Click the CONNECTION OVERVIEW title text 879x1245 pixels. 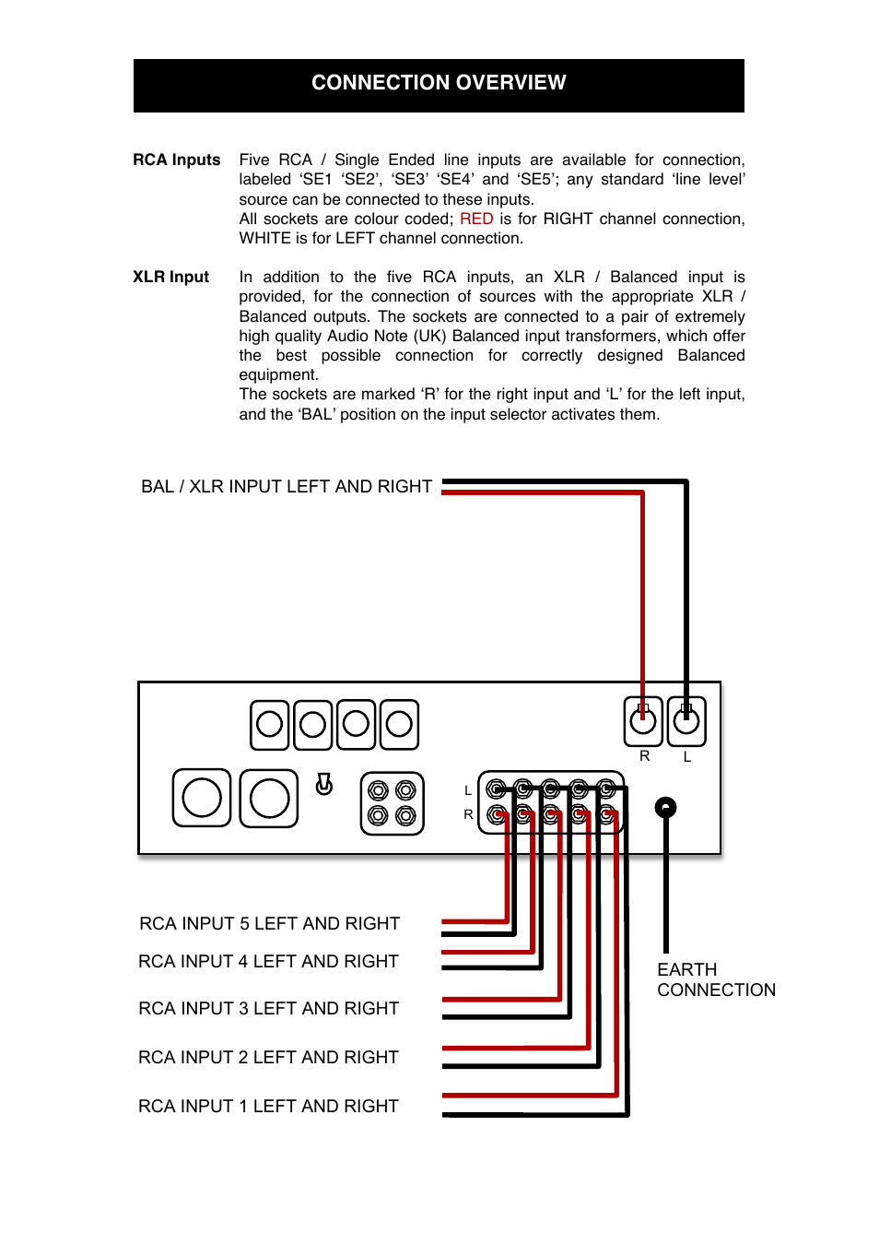pyautogui.click(x=439, y=83)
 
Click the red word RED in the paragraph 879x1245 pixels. pyautogui.click(x=476, y=219)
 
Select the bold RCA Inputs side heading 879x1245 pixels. pyautogui.click(x=177, y=160)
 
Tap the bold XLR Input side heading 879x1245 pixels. pyautogui.click(x=170, y=277)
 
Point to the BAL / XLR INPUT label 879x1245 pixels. pyautogui.click(x=286, y=486)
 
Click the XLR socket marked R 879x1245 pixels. pyautogui.click(x=643, y=721)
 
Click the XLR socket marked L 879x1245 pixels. pyautogui.click(x=686, y=721)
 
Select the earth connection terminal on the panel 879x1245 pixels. pyautogui.click(x=665, y=808)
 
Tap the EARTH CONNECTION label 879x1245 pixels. pyautogui.click(x=716, y=979)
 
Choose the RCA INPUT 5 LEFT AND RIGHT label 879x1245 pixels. pyautogui.click(x=269, y=923)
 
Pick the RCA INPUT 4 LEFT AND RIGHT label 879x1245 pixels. pyautogui.click(x=268, y=961)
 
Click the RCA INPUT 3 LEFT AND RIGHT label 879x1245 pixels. pyautogui.click(x=268, y=1008)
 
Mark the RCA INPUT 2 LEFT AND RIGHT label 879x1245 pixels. pyautogui.click(x=268, y=1057)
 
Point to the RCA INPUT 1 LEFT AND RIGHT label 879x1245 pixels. pyautogui.click(x=268, y=1106)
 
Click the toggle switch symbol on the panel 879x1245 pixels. pyautogui.click(x=324, y=785)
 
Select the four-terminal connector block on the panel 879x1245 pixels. pyautogui.click(x=392, y=803)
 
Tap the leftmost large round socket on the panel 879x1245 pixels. pyautogui.click(x=202, y=798)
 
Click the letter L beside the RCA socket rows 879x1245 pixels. pyautogui.click(x=468, y=790)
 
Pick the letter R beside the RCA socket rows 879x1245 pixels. pyautogui.click(x=468, y=814)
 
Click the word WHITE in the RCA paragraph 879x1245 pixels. pyautogui.click(x=264, y=238)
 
